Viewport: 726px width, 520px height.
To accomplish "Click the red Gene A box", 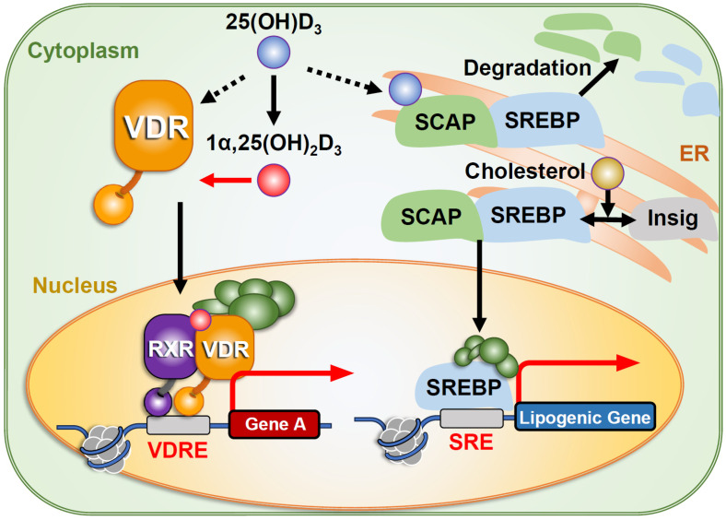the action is (275, 423).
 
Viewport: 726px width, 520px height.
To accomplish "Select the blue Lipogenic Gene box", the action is (585, 417).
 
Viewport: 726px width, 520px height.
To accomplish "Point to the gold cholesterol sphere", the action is (608, 173).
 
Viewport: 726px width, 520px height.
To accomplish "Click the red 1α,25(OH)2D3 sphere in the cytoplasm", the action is (274, 180).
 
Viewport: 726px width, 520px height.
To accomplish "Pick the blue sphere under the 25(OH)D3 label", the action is (274, 53).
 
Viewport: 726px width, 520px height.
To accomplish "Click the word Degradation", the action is (527, 67).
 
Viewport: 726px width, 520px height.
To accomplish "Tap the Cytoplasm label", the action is (83, 51).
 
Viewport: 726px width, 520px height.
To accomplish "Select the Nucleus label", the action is (75, 285).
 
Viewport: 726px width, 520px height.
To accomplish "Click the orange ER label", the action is (694, 153).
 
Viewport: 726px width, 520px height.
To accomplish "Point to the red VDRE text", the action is (178, 450).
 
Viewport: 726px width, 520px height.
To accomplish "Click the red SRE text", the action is (471, 443).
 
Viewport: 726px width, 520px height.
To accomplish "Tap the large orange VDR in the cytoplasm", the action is (154, 126).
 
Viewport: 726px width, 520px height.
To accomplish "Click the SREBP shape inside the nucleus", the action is (463, 385).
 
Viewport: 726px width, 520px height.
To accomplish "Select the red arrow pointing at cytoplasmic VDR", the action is (225, 180).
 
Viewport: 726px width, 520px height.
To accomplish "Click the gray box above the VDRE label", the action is (178, 425).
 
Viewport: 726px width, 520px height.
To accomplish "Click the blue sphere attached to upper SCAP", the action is (404, 89).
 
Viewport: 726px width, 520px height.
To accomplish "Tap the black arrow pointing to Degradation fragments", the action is (599, 77).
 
